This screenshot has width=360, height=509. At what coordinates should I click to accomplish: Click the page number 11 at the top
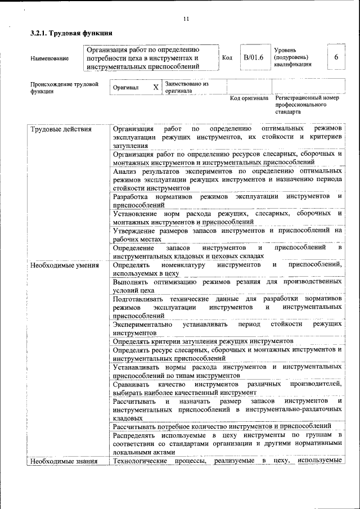point(186,20)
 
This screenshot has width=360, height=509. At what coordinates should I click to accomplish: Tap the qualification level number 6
point(336,57)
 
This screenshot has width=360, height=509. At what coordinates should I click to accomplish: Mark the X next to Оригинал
point(156,87)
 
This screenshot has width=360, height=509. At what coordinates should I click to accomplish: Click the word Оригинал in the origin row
point(129,88)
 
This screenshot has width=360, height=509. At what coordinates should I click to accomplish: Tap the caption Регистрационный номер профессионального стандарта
point(307,105)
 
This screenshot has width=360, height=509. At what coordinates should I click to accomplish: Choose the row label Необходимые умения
point(65,265)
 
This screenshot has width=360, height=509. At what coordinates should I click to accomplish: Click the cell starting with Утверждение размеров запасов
point(227,234)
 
